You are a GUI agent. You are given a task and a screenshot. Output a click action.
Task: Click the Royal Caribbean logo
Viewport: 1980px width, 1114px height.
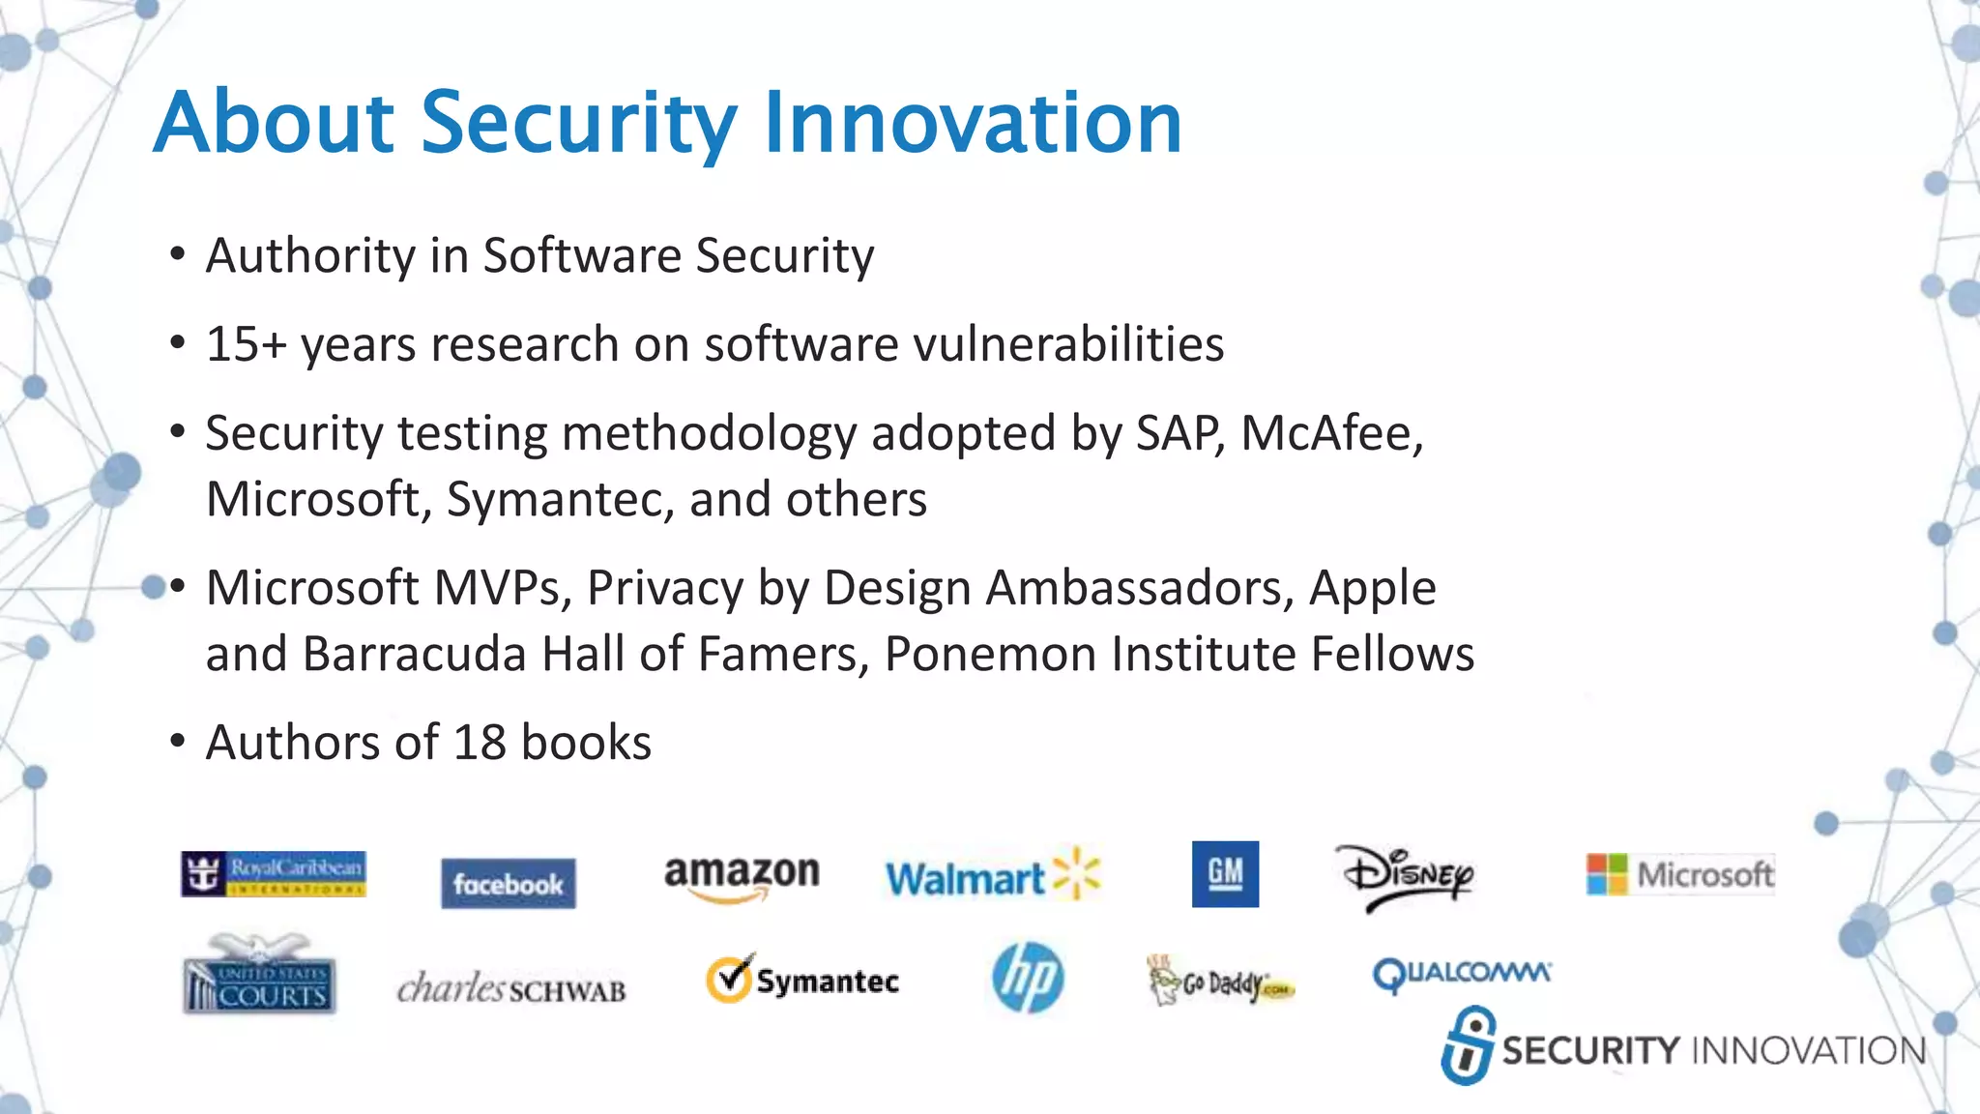[x=274, y=874]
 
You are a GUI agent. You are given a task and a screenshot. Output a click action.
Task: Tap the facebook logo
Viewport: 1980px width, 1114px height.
[x=508, y=883]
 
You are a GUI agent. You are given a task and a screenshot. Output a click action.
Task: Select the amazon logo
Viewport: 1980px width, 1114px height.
[x=742, y=876]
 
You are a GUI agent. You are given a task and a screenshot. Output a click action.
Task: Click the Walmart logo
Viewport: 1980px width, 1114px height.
[x=992, y=876]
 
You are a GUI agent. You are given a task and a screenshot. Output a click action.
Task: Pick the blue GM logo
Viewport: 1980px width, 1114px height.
[x=1225, y=874]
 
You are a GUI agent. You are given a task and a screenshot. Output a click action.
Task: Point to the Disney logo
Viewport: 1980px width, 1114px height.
[x=1407, y=876]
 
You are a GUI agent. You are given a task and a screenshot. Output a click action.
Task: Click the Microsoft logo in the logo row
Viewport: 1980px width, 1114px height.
[x=1680, y=874]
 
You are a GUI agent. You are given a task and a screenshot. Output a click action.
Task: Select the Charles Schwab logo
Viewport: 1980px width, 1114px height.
[x=511, y=988]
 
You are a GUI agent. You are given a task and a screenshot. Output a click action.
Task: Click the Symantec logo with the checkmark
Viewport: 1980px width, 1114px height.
[x=802, y=980]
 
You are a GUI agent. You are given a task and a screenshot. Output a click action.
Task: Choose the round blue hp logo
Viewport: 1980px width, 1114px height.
[x=1028, y=978]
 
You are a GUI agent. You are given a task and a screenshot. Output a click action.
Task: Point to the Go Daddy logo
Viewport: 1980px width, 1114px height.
[x=1220, y=982]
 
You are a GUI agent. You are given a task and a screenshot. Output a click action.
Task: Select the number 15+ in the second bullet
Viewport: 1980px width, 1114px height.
[x=246, y=344]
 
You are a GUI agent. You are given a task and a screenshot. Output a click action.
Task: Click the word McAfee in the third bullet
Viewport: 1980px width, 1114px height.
[x=1330, y=433]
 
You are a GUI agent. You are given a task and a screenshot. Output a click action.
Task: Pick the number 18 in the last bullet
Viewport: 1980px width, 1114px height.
[x=480, y=743]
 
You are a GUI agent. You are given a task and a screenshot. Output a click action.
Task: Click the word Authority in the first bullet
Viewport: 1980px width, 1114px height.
[x=310, y=256]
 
